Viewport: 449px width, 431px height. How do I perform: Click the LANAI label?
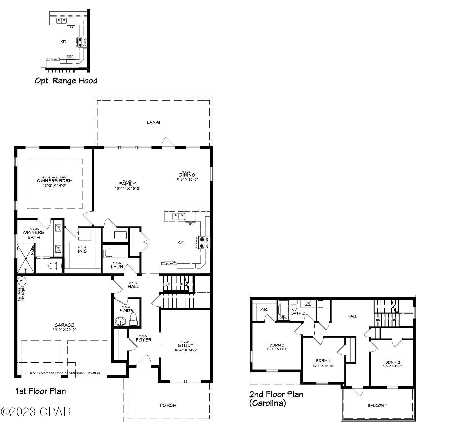[153, 122]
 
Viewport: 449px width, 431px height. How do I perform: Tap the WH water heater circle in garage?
[22, 281]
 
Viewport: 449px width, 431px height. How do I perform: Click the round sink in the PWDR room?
[121, 321]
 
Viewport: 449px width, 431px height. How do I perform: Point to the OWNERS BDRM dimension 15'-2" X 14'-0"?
[55, 185]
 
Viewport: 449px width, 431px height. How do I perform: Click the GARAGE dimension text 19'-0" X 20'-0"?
[64, 330]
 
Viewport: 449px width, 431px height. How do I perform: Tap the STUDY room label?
[186, 345]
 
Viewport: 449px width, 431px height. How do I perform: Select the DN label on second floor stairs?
[378, 320]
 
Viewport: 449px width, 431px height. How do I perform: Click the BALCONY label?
[377, 405]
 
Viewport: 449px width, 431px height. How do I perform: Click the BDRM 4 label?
[323, 361]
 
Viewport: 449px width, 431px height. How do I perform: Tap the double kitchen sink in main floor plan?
[179, 216]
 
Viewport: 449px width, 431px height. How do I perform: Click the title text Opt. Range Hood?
[66, 81]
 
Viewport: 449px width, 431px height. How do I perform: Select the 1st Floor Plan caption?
[41, 391]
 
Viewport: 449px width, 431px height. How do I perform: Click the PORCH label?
[168, 405]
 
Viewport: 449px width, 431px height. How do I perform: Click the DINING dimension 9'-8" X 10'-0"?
[187, 179]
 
